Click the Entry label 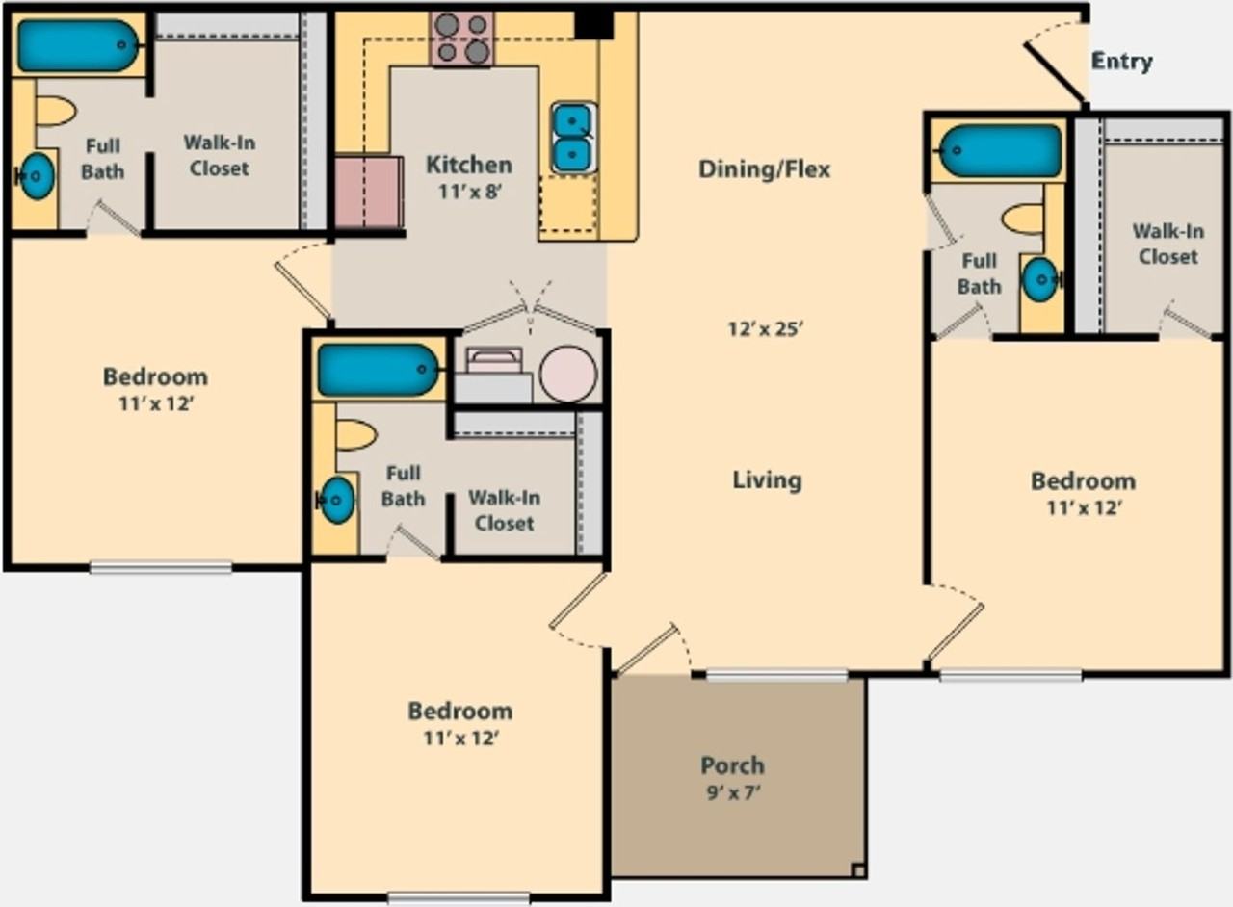point(1122,61)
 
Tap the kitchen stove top point(463,39)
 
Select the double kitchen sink point(573,138)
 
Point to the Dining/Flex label point(764,168)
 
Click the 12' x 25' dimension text point(766,329)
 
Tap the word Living point(767,479)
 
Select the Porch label point(733,765)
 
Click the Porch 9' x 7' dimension point(733,792)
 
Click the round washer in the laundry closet point(568,375)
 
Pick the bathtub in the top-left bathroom point(78,46)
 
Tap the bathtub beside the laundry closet point(379,370)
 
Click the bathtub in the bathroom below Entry point(999,151)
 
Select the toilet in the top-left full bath point(56,113)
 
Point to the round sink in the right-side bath point(1039,280)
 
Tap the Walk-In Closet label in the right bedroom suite point(1168,244)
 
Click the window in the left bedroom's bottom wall point(161,567)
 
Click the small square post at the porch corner point(858,870)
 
